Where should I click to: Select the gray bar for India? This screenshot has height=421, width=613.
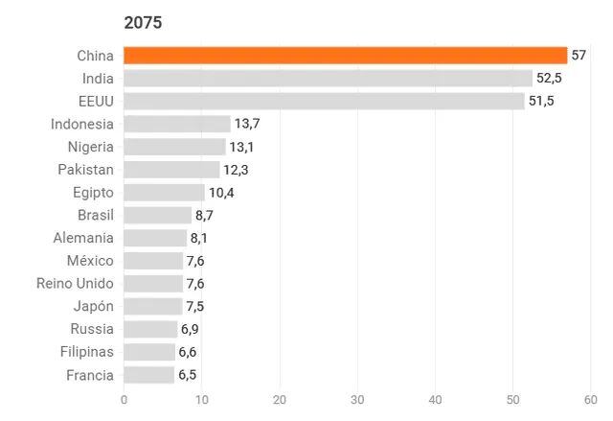point(328,79)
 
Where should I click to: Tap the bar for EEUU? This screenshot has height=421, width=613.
point(324,101)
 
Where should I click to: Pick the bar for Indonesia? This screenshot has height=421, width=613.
point(177,124)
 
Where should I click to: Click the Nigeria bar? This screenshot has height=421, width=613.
point(174,147)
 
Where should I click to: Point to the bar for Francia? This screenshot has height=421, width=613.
point(148,375)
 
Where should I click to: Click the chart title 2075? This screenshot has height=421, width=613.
point(143,20)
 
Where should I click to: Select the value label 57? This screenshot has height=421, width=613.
point(579,56)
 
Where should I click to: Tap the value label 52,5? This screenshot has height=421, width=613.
point(549,79)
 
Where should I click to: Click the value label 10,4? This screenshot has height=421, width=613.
point(221,193)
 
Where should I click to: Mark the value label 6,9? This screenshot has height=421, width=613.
point(190,329)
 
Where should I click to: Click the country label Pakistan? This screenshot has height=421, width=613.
point(85,170)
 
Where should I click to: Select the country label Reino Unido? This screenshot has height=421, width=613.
point(75,284)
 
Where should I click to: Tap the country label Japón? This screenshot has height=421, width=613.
point(93,306)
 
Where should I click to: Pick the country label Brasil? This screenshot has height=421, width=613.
point(95,215)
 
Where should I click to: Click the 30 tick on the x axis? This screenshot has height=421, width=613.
point(357,401)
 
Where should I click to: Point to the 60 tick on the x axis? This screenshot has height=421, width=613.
point(591,401)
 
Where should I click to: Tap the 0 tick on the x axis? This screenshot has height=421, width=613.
point(124,401)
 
